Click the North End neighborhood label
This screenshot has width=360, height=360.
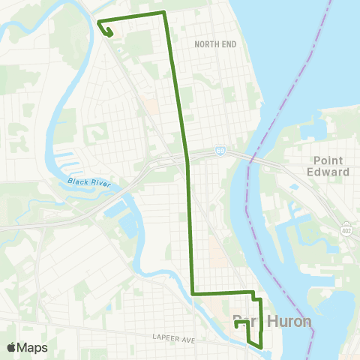coord(215,44)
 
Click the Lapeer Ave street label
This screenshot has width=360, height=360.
coord(173,340)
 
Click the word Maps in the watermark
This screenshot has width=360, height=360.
coord(33,347)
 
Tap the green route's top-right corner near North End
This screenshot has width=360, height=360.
coord(164,13)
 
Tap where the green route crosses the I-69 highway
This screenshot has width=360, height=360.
coord(187,159)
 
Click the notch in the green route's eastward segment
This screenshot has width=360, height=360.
coord(256,297)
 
